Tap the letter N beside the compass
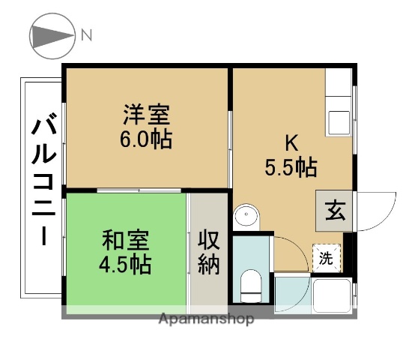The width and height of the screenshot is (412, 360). (x=87, y=34)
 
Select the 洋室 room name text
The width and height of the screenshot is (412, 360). (x=147, y=116)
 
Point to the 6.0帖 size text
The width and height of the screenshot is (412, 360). (x=147, y=139)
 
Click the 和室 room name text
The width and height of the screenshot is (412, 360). (x=126, y=241)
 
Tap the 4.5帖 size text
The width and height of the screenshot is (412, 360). (x=126, y=264)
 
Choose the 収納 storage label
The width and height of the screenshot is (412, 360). (x=208, y=252)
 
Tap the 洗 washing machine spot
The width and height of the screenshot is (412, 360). (x=326, y=259)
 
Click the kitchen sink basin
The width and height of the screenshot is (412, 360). (x=337, y=122)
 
